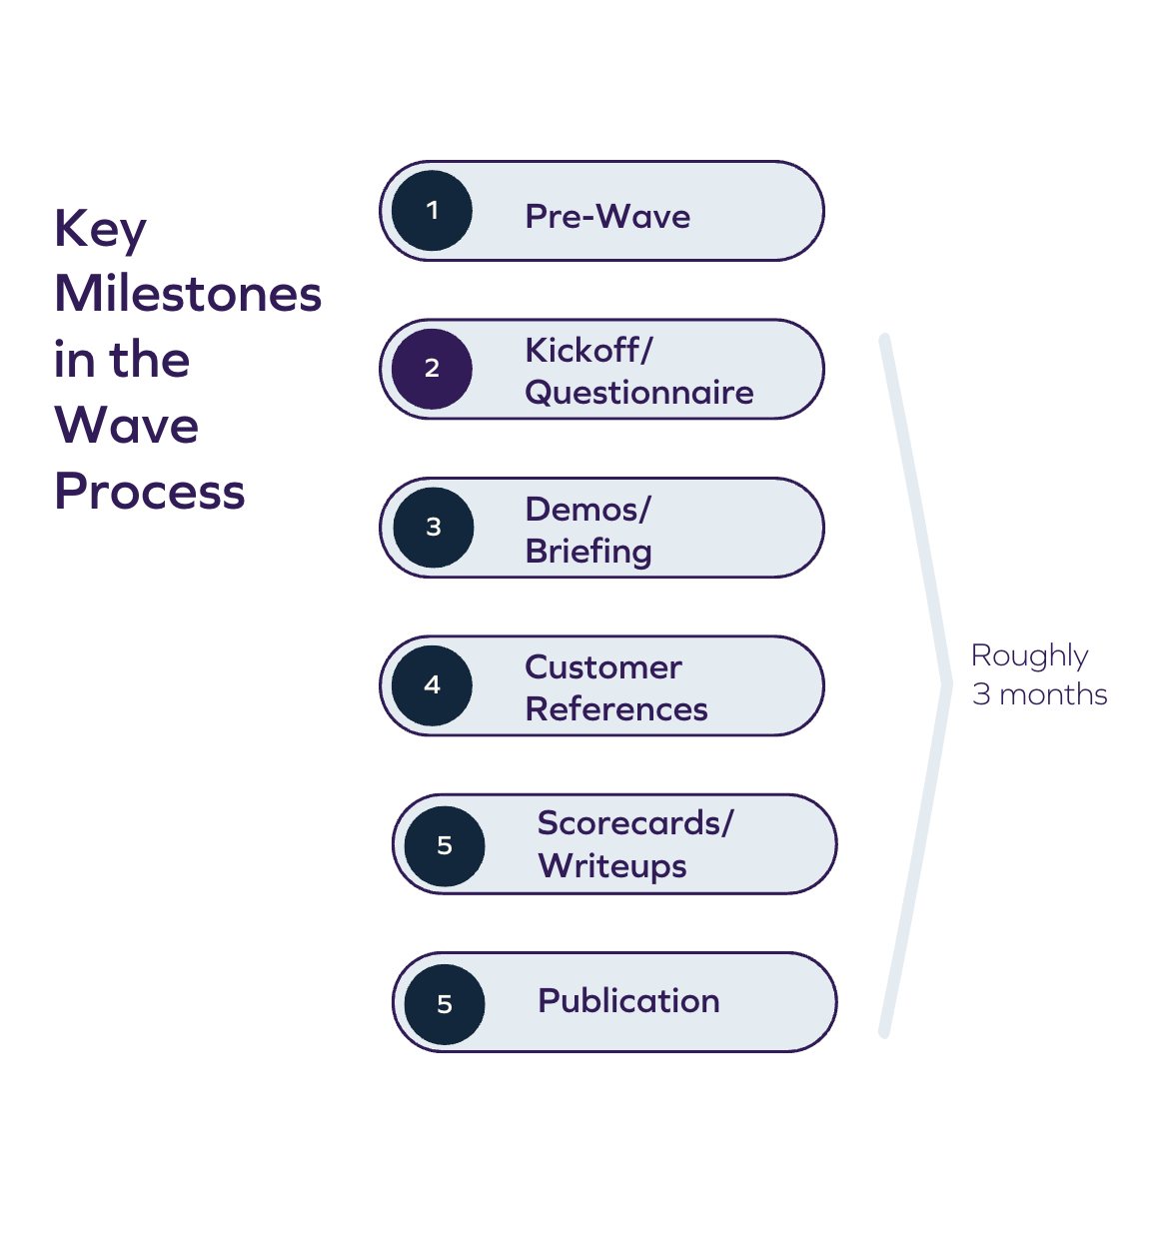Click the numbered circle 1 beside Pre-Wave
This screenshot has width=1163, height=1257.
[432, 211]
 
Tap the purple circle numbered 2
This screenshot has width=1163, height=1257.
[432, 369]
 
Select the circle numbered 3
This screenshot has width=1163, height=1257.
[433, 528]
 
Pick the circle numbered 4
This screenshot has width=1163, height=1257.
[432, 685]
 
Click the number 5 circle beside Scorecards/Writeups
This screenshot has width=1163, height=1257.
[445, 845]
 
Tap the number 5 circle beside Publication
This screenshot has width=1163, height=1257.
[445, 1003]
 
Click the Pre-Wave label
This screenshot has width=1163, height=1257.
[607, 217]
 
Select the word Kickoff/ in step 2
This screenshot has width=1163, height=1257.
[588, 351]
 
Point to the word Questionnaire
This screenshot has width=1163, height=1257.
[639, 393]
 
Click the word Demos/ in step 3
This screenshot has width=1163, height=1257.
[587, 510]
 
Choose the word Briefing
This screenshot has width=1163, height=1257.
[588, 552]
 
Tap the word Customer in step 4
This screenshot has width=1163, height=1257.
[603, 667]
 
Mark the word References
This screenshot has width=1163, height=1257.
[616, 709]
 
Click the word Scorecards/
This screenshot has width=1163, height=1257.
[635, 823]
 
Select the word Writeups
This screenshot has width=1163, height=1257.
[612, 866]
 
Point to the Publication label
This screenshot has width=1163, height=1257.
[628, 1001]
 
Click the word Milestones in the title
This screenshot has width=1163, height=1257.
[188, 294]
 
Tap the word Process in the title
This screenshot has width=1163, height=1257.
[150, 492]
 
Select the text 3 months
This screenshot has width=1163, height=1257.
[1040, 694]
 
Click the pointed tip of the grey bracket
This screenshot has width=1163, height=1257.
[945, 685]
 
